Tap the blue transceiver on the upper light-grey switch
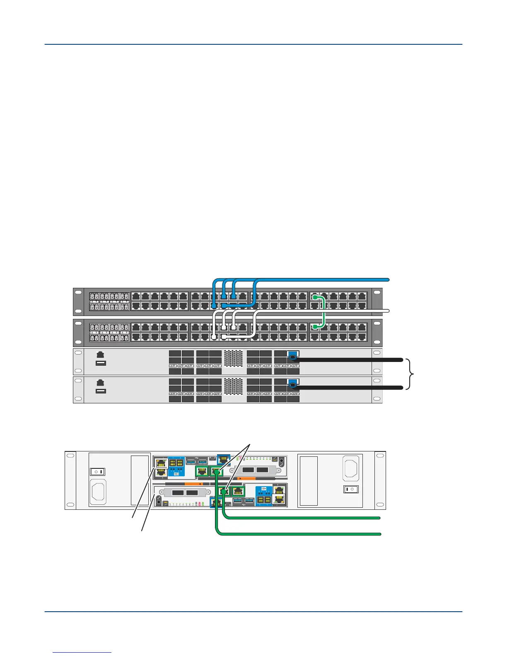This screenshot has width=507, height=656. pos(293,356)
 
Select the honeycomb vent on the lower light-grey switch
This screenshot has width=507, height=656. pos(233,386)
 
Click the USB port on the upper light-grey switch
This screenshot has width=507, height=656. pos(101,363)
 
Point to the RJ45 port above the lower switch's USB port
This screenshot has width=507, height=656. pos(100,383)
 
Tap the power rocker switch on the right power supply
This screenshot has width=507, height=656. pos(350,489)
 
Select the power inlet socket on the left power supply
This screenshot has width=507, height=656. pos(98,492)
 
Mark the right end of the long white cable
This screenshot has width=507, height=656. pos(388,311)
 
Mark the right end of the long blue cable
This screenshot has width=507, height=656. pos(387,280)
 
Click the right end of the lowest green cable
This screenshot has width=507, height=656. pos(379,534)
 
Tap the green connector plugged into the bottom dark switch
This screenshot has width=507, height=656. pos(316,327)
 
